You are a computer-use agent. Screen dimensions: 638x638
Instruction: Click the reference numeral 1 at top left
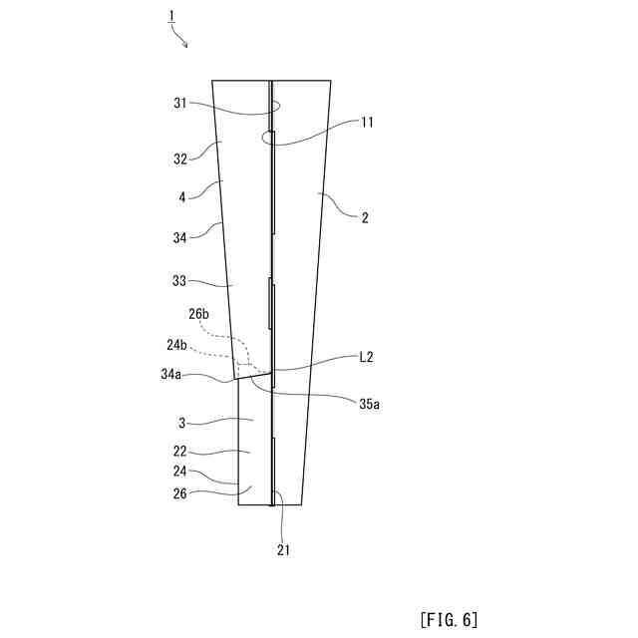171,16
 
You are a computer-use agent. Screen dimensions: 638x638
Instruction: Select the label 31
180,103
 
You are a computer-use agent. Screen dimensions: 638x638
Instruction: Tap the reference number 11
367,123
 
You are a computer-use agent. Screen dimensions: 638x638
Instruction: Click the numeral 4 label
182,197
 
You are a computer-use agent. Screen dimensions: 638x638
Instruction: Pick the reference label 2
365,216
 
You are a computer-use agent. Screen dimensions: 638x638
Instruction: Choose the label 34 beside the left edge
180,238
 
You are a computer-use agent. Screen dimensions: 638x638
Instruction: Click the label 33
180,281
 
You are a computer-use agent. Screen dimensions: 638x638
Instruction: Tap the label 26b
199,314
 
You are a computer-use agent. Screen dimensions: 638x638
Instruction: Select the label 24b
177,345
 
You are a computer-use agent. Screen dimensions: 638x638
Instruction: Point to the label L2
367,356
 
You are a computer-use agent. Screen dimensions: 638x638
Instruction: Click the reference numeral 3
183,421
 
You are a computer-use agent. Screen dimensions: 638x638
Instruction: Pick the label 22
180,452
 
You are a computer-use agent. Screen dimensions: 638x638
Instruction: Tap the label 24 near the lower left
180,472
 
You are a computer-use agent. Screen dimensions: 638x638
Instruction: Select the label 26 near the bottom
180,491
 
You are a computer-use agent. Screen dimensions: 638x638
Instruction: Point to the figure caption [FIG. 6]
450,619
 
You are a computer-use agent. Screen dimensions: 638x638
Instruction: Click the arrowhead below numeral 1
185,45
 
